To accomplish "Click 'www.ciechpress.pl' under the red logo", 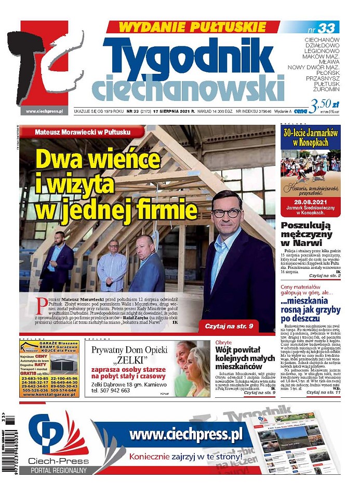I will click(x=44, y=111).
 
